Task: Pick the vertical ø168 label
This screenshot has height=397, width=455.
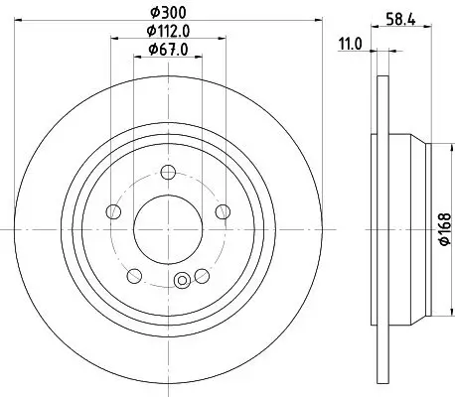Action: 444,229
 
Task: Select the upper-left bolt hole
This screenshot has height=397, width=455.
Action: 114,211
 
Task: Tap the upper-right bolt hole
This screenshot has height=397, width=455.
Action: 222,211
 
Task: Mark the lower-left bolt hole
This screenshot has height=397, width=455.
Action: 134,274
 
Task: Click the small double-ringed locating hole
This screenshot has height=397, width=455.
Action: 181,282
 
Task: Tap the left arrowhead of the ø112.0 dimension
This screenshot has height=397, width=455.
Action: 111,41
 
